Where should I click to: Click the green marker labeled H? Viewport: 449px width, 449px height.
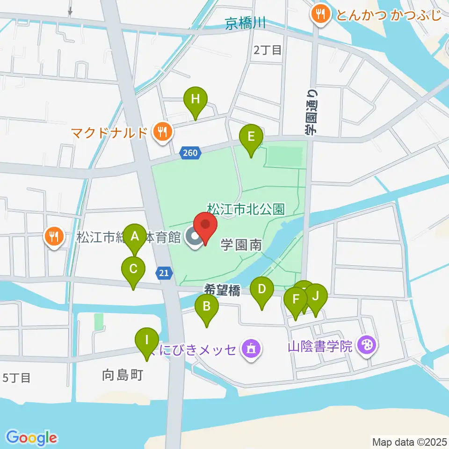click(x=195, y=99)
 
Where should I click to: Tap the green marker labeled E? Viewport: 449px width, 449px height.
click(x=251, y=137)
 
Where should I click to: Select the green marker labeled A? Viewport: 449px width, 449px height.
click(x=136, y=236)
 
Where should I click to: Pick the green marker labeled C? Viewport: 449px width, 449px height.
click(x=133, y=269)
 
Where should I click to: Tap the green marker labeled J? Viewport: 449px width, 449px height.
click(x=316, y=296)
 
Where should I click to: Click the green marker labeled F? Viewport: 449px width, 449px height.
click(x=296, y=299)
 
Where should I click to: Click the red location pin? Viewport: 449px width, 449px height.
click(x=205, y=225)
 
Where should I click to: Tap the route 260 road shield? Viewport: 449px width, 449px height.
click(x=191, y=152)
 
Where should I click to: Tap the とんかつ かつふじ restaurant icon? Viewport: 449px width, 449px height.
click(x=320, y=14)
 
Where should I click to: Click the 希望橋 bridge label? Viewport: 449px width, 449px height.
click(x=222, y=291)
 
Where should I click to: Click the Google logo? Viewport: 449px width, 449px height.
click(x=32, y=437)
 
